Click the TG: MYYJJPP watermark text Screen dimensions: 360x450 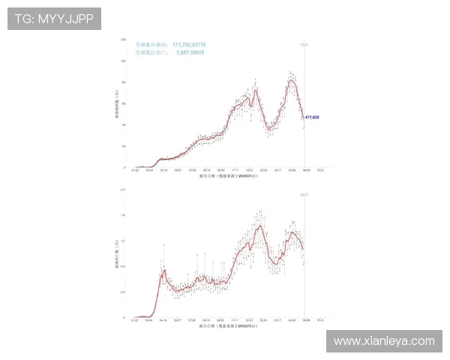point(54,19)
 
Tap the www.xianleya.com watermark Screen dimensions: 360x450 point(383,341)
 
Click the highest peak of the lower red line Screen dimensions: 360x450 point(259,226)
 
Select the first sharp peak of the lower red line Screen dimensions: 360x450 point(163,271)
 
